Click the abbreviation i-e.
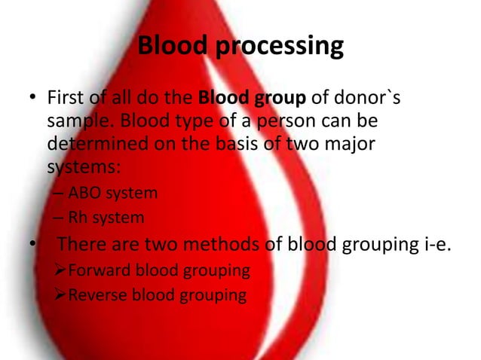click(434, 245)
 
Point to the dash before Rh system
click(58, 219)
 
